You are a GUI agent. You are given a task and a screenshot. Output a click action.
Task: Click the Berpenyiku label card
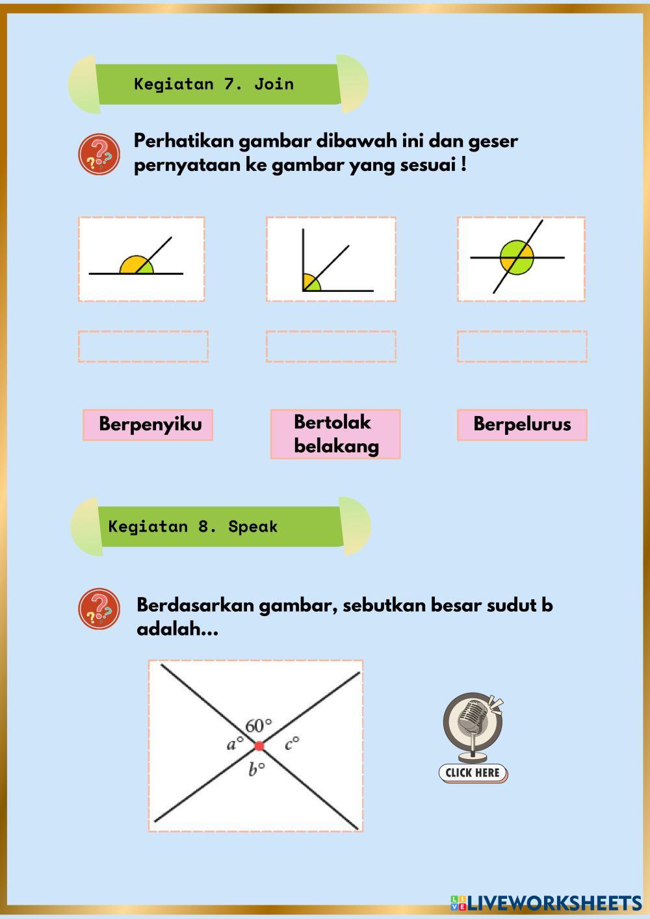tap(148, 424)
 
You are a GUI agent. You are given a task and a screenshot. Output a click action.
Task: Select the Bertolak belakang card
tap(335, 434)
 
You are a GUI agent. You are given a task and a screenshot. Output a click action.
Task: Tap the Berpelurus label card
tap(521, 424)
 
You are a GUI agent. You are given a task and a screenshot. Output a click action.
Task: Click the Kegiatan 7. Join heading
tap(214, 84)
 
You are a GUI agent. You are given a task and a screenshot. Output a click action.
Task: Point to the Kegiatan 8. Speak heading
tap(194, 526)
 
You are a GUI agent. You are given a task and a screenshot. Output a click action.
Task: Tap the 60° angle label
tap(258, 725)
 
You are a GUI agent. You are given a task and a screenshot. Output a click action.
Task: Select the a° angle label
tap(235, 744)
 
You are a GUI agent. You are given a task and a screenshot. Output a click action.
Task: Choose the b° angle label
tap(257, 770)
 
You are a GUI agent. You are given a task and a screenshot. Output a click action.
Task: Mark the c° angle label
tap(292, 743)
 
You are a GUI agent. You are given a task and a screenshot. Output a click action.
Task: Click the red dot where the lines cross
tap(259, 745)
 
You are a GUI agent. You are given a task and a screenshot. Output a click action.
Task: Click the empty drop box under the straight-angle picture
tap(143, 346)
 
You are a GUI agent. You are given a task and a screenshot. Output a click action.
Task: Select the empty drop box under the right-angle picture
tap(331, 346)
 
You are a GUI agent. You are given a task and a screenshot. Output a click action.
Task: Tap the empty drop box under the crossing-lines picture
tap(521, 346)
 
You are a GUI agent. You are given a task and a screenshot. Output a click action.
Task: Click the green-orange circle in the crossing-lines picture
tap(517, 257)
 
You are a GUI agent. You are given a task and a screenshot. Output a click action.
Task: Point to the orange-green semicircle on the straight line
tap(136, 265)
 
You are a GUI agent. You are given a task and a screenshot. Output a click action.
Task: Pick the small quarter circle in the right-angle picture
tap(310, 283)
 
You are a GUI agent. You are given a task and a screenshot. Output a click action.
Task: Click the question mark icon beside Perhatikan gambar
tap(99, 154)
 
